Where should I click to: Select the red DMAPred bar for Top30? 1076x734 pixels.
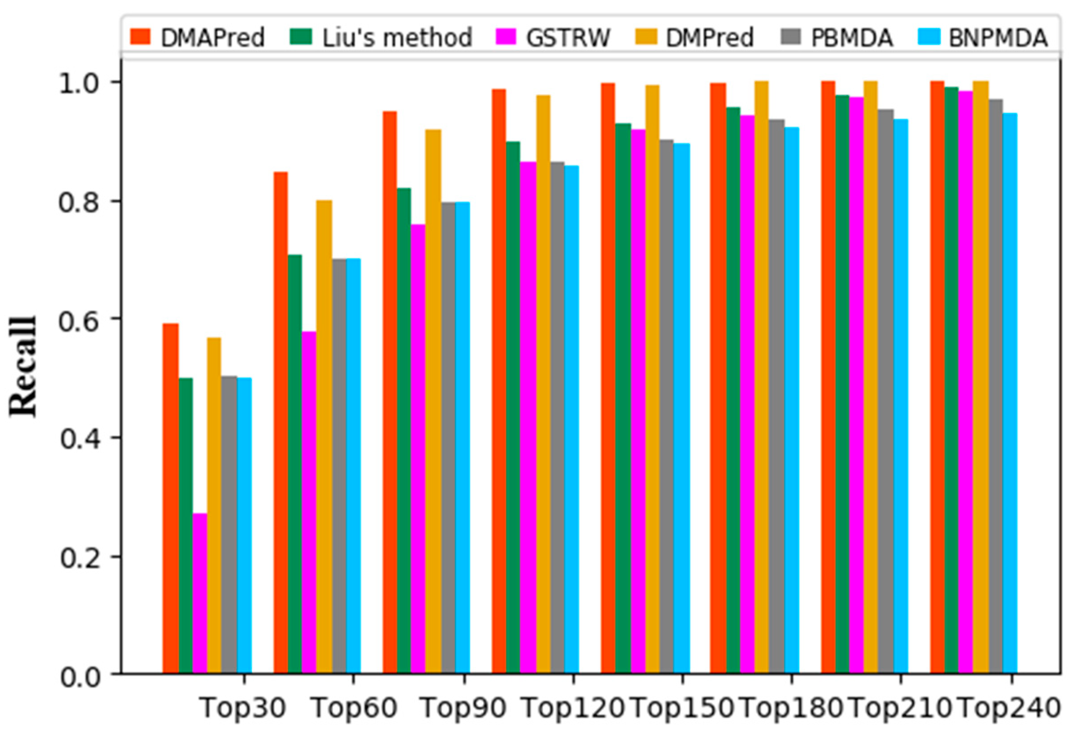[171, 499]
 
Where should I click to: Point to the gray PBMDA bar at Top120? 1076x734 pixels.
[557, 418]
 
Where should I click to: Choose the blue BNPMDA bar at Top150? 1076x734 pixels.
[682, 408]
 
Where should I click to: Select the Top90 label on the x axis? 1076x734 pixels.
[464, 708]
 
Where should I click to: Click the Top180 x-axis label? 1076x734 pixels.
[791, 708]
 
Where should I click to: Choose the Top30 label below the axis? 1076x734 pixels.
[243, 708]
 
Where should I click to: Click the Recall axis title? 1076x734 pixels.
[23, 366]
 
